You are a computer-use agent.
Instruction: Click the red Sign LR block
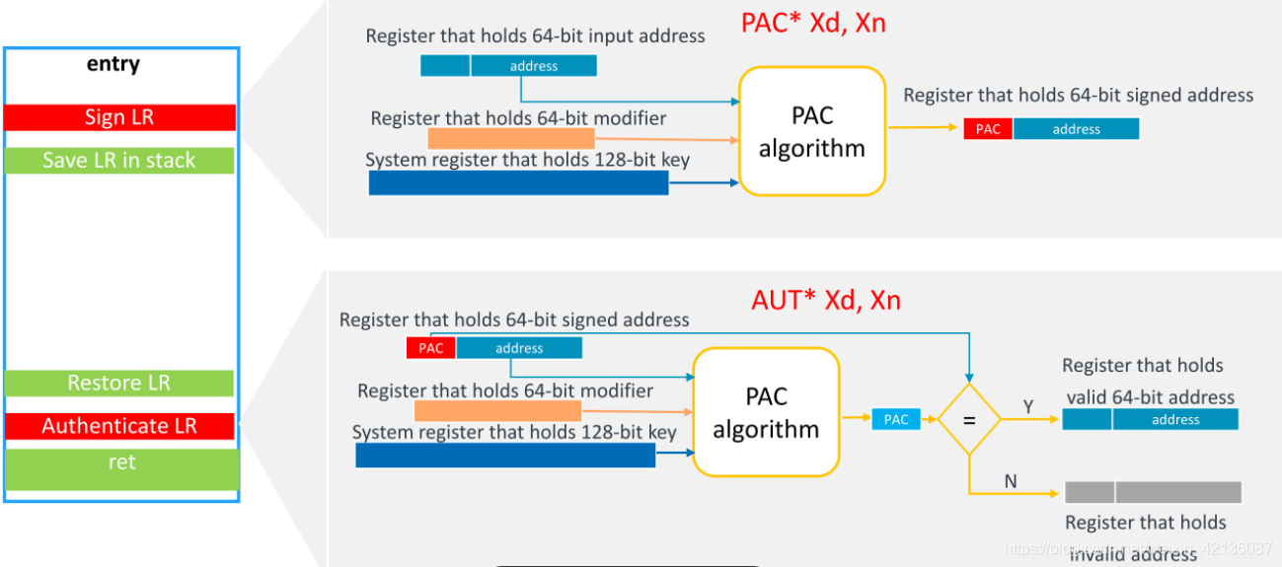click(x=119, y=117)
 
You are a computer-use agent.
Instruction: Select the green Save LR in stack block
click(x=119, y=161)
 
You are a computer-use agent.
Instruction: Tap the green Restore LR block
click(x=119, y=384)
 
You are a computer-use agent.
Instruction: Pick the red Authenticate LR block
click(x=119, y=426)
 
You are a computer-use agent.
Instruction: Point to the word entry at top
click(x=113, y=64)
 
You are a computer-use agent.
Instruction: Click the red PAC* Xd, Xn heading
click(x=813, y=23)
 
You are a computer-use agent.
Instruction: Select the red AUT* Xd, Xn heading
click(x=826, y=300)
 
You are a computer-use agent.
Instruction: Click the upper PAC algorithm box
click(x=812, y=131)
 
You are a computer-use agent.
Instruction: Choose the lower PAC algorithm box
click(x=766, y=412)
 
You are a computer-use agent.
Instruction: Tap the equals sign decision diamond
click(x=968, y=419)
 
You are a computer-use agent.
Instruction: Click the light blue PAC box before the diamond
click(x=896, y=419)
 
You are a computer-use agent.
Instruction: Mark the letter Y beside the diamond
click(x=1028, y=406)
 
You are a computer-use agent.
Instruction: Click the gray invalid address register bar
click(x=1153, y=492)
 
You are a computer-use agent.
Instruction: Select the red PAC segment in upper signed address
click(x=988, y=129)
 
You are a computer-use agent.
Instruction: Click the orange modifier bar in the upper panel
click(x=511, y=139)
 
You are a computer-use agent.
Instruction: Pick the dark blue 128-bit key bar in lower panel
click(x=505, y=455)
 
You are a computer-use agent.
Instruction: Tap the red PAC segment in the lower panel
click(x=430, y=348)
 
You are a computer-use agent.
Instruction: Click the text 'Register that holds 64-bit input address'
click(x=535, y=36)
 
